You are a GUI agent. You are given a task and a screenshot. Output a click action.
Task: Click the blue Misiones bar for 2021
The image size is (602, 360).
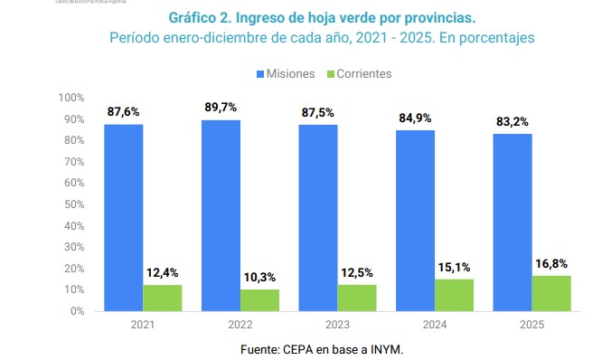(123, 217)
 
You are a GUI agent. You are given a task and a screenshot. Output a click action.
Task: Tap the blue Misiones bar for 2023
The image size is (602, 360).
(318, 217)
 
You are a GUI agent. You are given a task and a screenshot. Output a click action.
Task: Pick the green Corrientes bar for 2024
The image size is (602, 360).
(454, 295)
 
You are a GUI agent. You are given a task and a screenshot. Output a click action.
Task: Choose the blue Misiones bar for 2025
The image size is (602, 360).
(513, 222)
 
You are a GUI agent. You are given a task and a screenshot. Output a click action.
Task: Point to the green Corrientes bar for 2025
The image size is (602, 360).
(551, 293)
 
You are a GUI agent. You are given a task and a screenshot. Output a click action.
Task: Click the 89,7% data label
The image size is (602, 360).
(221, 108)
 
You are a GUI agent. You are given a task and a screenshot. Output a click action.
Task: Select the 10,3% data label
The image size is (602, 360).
(259, 277)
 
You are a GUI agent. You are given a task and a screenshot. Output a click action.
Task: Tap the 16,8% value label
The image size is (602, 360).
(551, 263)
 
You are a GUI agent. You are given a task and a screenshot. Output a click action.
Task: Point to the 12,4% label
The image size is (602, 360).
(162, 272)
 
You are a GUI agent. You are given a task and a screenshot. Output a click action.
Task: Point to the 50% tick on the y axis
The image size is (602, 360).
(72, 204)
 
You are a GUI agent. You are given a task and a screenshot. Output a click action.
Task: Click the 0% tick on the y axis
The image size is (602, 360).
(76, 311)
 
